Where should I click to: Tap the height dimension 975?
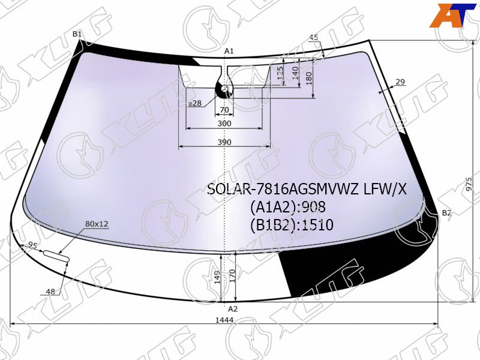pyautogui.click(x=469, y=184)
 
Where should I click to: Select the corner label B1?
pyautogui.click(x=77, y=34)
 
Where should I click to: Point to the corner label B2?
pyautogui.click(x=446, y=213)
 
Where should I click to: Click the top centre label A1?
pyautogui.click(x=229, y=51)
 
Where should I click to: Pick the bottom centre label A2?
pyautogui.click(x=233, y=309)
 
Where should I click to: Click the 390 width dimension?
pyautogui.click(x=224, y=142)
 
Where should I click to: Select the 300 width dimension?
pyautogui.click(x=224, y=124)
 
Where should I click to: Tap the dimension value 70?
pyautogui.click(x=224, y=110)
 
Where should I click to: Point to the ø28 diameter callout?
pyautogui.click(x=195, y=103)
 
